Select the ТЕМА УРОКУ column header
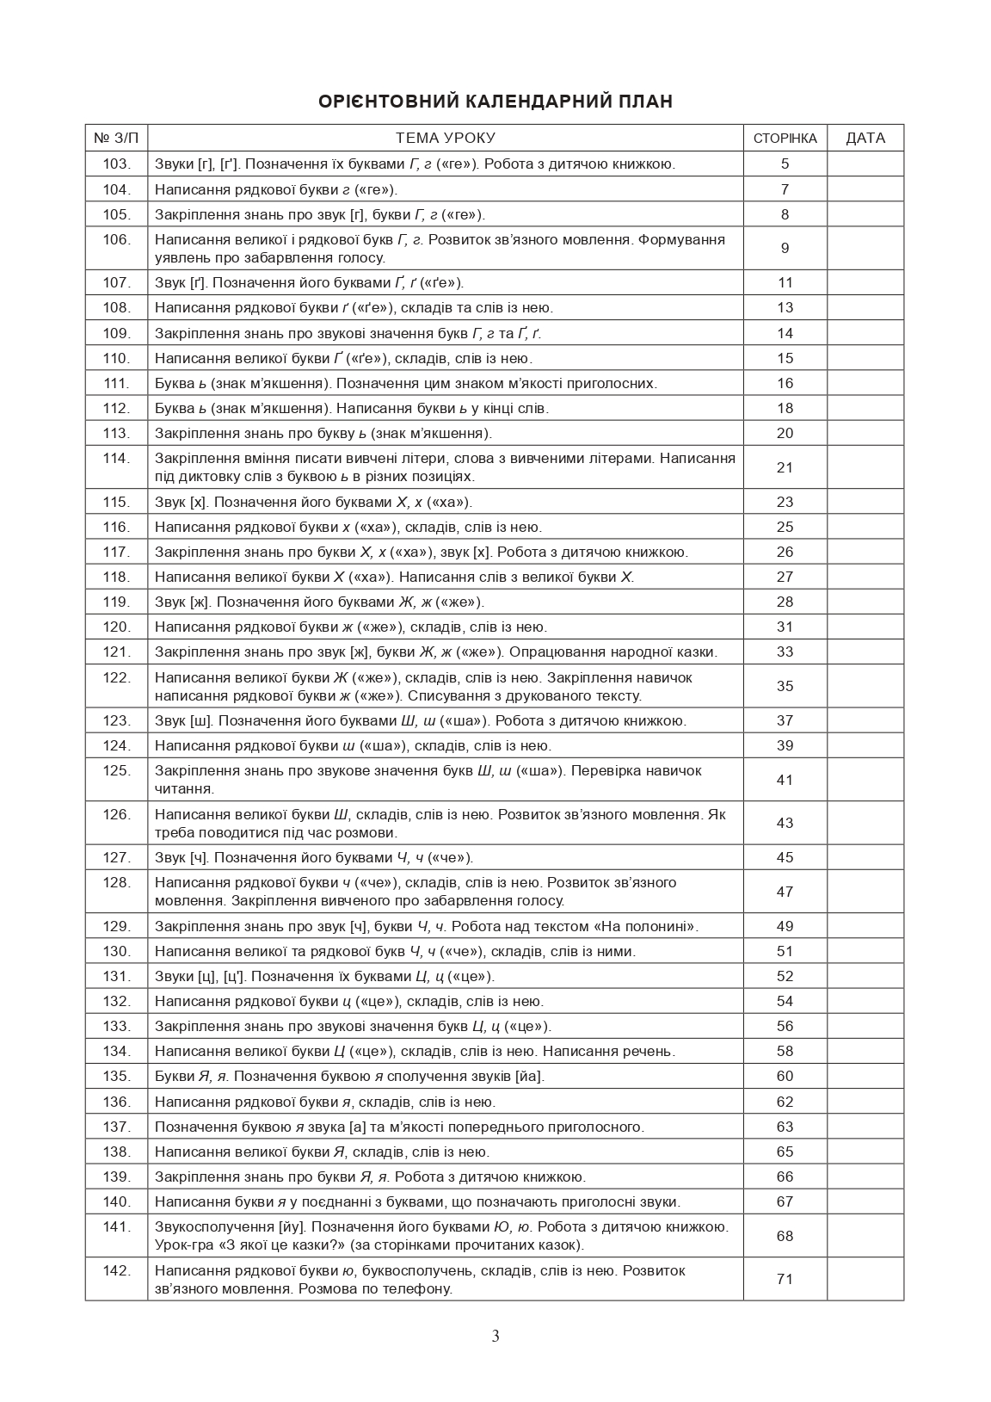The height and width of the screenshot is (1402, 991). (445, 138)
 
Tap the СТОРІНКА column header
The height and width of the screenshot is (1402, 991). (785, 139)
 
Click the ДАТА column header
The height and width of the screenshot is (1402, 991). (865, 138)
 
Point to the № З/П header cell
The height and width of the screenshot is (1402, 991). (116, 138)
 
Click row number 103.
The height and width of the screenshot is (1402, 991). (116, 164)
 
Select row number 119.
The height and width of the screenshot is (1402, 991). (116, 602)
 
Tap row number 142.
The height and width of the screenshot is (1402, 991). (116, 1270)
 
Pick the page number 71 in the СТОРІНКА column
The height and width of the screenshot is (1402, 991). (785, 1279)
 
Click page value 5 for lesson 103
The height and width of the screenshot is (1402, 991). (785, 164)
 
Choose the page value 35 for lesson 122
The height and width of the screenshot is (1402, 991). (785, 686)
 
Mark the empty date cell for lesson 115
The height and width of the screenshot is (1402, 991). (865, 502)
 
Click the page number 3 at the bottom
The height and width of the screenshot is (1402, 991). (495, 1337)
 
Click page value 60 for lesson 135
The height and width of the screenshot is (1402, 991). (785, 1076)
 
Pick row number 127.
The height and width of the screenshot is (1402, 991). (116, 857)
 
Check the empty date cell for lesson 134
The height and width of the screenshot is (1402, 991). (865, 1051)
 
